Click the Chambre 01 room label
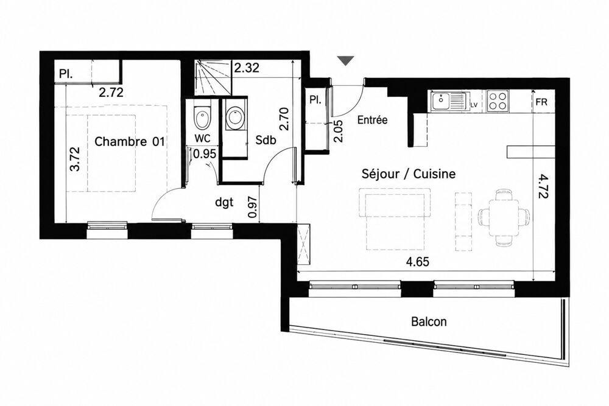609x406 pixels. tap(129, 142)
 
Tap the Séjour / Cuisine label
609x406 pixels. tap(408, 174)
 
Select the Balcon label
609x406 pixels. tap(429, 321)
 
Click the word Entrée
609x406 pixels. tap(372, 120)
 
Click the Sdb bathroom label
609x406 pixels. tap(266, 140)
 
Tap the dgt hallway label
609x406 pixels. tap(224, 202)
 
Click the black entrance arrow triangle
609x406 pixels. tap(346, 61)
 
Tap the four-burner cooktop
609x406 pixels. tap(498, 101)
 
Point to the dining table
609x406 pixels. tap(504, 217)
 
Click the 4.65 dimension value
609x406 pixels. tap(418, 262)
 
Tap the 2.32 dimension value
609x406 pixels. tap(246, 68)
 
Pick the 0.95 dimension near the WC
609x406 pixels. tap(204, 154)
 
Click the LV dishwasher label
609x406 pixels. tap(473, 105)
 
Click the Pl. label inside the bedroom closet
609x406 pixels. tap(66, 74)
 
